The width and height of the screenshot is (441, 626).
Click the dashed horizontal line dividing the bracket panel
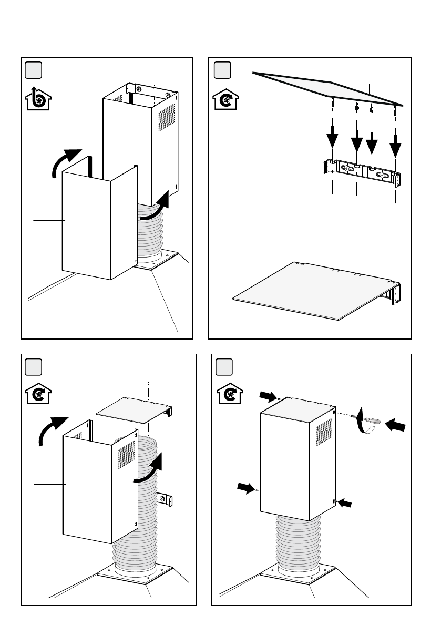pos(310,231)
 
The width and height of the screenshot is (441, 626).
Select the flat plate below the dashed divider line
pos(310,292)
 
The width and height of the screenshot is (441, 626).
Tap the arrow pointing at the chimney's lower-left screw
pos(245,488)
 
